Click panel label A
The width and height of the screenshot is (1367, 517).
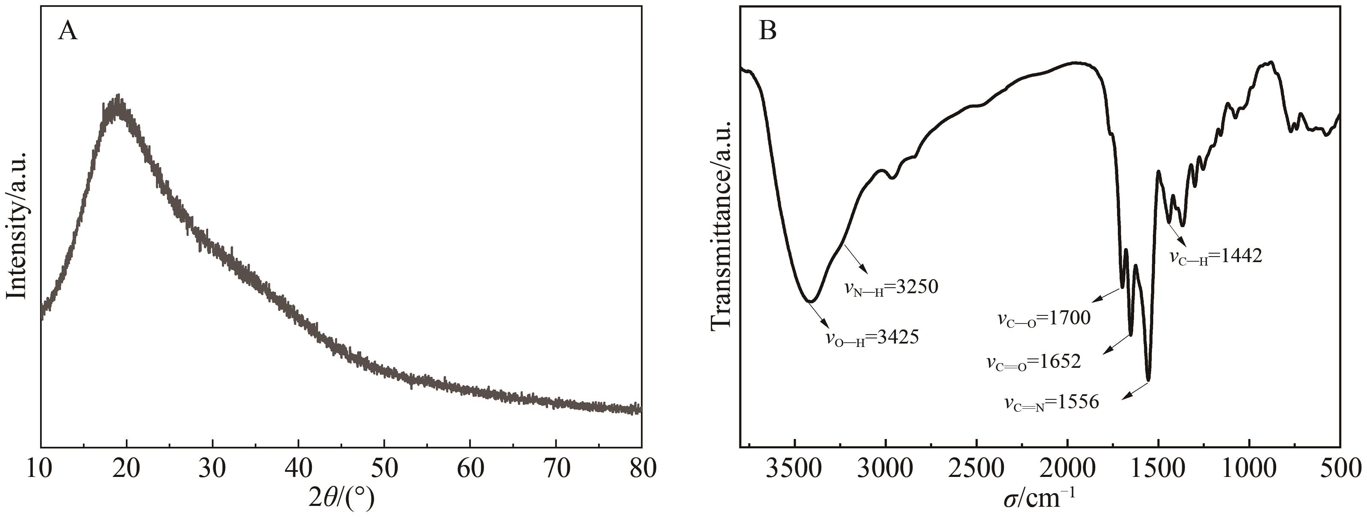[68, 32]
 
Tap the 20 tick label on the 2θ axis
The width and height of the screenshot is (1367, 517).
[127, 469]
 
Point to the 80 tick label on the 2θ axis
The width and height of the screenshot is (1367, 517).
[640, 469]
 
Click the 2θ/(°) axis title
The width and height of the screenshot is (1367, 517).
[341, 498]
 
